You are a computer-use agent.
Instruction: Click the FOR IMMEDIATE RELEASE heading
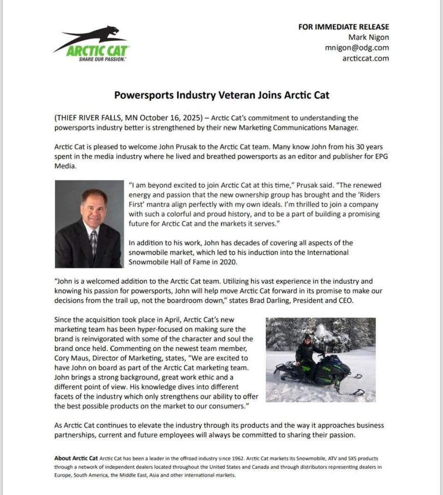tap(343, 27)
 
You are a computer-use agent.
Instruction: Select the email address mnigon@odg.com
tap(357, 48)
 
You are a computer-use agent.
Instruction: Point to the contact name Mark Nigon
tap(369, 37)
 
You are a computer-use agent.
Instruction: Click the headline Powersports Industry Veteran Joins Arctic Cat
tap(222, 95)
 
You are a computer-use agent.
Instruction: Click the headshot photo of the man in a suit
tap(89, 224)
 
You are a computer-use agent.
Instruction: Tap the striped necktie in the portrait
tap(93, 242)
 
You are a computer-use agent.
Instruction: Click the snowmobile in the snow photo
tap(319, 375)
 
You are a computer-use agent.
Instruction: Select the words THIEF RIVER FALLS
tap(86, 118)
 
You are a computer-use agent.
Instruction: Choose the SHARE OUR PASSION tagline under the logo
tap(102, 59)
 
